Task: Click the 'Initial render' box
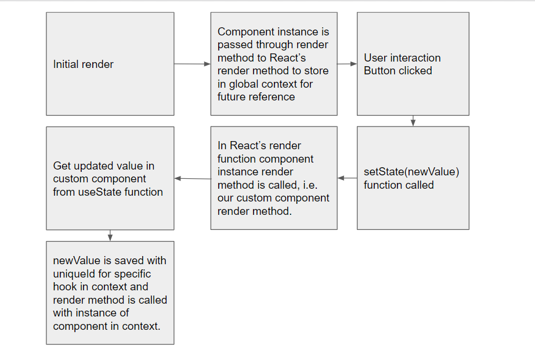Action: [x=110, y=64]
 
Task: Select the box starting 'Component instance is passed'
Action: [x=274, y=64]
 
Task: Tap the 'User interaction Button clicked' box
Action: [x=413, y=64]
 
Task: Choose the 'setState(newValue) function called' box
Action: [x=413, y=178]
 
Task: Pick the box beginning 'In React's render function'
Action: [x=274, y=178]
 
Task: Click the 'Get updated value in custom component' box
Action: [x=110, y=178]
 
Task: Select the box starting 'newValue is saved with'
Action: [x=110, y=293]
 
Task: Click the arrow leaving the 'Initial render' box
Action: [x=192, y=64]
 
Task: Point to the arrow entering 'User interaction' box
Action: [x=347, y=64]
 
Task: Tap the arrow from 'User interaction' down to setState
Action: [x=413, y=121]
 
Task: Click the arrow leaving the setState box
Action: [x=347, y=178]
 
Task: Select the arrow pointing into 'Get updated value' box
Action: [x=192, y=178]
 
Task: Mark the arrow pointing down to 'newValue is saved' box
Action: [x=110, y=235]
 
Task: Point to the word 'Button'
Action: [x=379, y=71]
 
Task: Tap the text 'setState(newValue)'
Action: [x=411, y=172]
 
